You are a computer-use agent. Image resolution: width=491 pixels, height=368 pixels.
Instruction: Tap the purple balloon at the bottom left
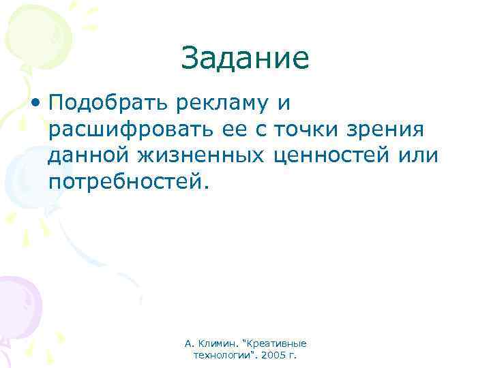pos(17,300)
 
